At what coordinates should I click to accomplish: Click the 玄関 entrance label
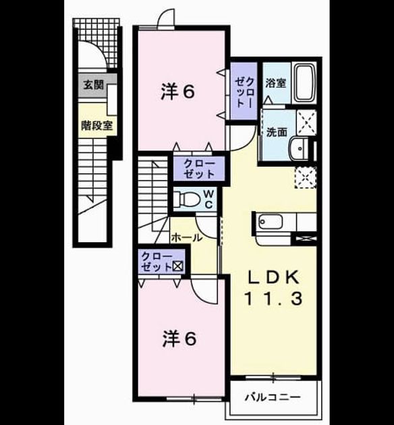coord(94,85)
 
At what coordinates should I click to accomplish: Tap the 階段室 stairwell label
coord(97,125)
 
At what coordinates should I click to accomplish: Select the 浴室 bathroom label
coord(275,83)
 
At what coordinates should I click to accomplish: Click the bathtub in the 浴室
coord(305,83)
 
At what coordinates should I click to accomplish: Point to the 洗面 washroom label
coord(277,132)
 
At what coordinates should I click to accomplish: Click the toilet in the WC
coord(186,199)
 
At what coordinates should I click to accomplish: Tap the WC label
coord(208,199)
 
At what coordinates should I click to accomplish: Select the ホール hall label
coord(187,237)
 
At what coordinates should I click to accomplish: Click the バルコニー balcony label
coord(273,397)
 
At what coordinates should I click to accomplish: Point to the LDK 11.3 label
coord(274,288)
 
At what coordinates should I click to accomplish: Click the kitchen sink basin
coord(270,222)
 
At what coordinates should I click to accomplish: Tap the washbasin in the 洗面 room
coord(299,148)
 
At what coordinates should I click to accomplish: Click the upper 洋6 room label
coord(177,92)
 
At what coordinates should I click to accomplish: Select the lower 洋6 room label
coord(179,339)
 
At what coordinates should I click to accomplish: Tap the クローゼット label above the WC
coord(199,169)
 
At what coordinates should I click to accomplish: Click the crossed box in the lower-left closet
coord(178,266)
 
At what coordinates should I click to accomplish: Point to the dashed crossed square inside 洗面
coord(306,123)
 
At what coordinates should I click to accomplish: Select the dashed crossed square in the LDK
coord(306,177)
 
